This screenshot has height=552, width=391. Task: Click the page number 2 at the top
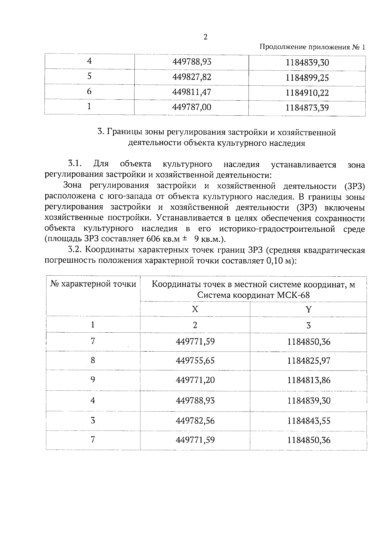205,37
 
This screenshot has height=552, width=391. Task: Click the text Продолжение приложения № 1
312,47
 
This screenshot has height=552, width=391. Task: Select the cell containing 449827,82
192,77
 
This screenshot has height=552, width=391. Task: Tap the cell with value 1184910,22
307,93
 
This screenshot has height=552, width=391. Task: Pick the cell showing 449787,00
192,107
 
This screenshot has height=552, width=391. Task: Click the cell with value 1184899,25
307,78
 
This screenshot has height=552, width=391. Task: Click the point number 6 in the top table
89,92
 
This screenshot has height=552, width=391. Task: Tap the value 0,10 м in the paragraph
278,261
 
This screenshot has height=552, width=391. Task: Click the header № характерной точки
93,284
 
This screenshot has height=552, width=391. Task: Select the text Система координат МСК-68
253,296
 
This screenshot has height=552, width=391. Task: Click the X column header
195,309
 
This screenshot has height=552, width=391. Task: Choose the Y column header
308,309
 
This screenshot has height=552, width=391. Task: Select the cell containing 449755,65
195,361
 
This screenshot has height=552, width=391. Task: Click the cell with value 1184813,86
309,380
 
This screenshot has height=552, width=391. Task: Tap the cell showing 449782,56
195,421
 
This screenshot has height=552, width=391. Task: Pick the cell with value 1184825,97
309,361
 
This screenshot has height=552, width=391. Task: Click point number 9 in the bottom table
93,380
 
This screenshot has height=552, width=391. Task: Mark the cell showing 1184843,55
309,421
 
